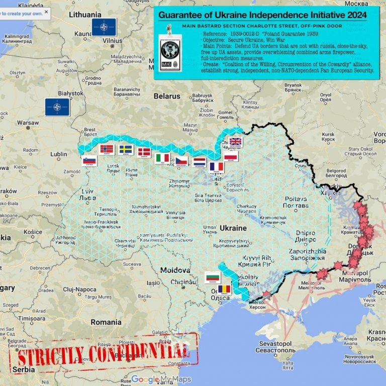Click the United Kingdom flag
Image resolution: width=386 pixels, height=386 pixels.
(x=235, y=142)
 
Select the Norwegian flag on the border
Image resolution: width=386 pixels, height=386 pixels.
(x=107, y=149)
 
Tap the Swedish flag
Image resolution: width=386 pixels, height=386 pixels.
(x=126, y=150)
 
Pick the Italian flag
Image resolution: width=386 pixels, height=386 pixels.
(x=162, y=158)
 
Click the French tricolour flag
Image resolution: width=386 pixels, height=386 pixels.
(x=216, y=166)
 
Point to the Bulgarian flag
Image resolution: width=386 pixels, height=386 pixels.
(x=213, y=277)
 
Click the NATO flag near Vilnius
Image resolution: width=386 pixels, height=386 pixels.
(x=104, y=27)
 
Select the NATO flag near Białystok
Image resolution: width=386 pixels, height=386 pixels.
(x=57, y=107)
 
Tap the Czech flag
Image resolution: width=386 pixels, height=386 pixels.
(x=181, y=161)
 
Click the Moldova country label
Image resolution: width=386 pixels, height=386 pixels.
(x=175, y=270)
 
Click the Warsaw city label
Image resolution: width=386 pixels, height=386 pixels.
(x=28, y=123)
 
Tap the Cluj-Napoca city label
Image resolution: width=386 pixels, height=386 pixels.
(x=80, y=289)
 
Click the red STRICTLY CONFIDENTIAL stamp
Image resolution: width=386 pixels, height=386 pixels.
(x=103, y=355)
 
